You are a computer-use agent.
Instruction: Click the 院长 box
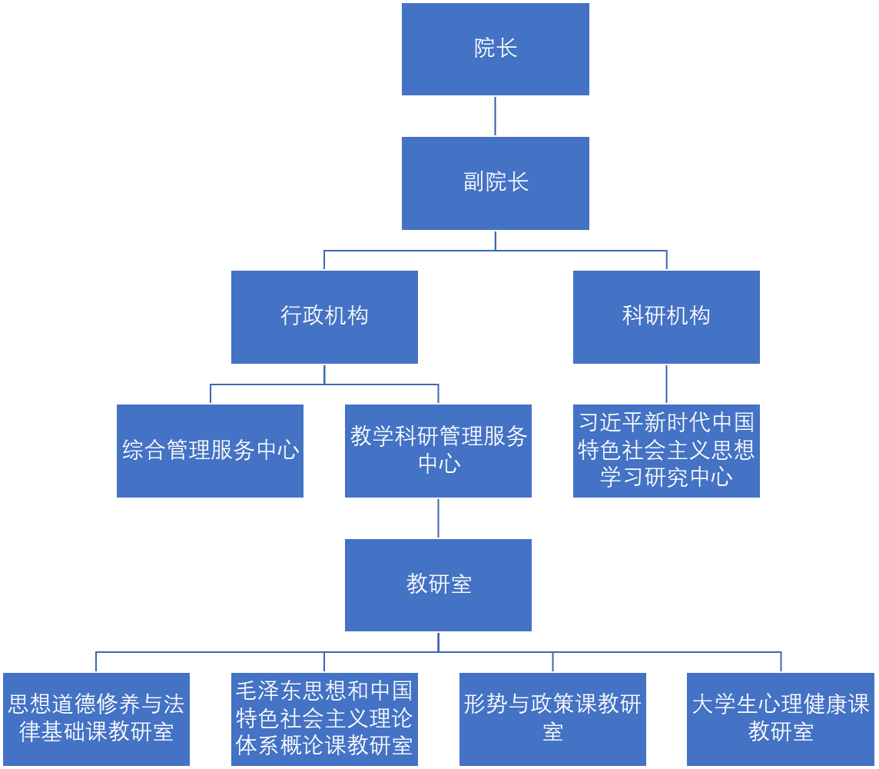click(496, 49)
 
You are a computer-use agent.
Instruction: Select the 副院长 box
click(496, 183)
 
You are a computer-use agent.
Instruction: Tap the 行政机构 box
click(324, 317)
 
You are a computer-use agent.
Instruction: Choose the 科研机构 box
click(666, 317)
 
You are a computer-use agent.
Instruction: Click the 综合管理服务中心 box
click(210, 451)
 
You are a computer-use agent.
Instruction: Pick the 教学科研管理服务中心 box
click(438, 451)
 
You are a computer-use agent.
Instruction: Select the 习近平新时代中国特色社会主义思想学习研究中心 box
click(666, 451)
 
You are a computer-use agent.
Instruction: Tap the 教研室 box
click(438, 584)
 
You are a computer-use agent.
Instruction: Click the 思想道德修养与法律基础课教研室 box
click(96, 719)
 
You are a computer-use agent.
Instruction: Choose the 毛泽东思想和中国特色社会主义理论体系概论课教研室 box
click(324, 719)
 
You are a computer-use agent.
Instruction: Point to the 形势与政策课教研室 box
click(552, 719)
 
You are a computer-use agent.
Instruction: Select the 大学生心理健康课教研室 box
click(781, 719)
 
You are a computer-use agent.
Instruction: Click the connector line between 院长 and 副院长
click(495, 116)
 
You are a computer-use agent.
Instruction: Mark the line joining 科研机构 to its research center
click(666, 384)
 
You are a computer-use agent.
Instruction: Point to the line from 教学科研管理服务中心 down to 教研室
click(438, 518)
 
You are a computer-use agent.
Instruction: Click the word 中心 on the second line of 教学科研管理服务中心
click(439, 464)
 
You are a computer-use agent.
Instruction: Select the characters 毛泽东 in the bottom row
click(270, 690)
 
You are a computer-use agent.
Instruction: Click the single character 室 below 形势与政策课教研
click(552, 732)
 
